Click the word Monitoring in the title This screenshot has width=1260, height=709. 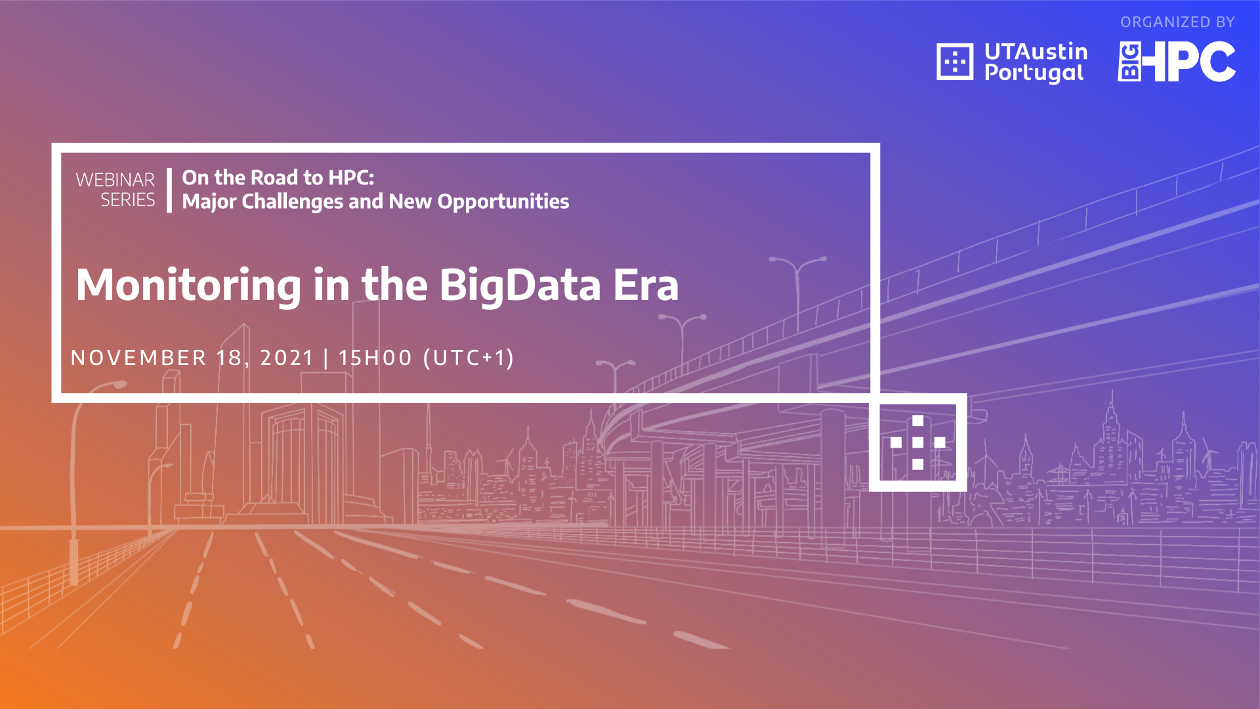click(x=189, y=286)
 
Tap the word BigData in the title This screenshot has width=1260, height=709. click(x=520, y=286)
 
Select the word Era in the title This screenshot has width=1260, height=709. click(x=646, y=285)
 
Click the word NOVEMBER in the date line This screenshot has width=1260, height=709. click(x=138, y=358)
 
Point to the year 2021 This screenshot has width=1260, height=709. click(x=287, y=358)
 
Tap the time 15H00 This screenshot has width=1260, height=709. click(x=375, y=358)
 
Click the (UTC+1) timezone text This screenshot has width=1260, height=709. click(x=469, y=358)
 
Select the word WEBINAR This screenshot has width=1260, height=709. click(x=115, y=180)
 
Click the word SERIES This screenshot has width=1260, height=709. click(x=128, y=200)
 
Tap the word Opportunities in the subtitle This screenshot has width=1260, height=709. click(x=503, y=202)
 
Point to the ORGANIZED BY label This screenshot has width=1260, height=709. click(x=1177, y=22)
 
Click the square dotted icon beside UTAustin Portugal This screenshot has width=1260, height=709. click(x=955, y=62)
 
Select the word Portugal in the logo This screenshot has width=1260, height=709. click(x=1034, y=73)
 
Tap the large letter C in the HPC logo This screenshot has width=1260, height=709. click(x=1215, y=62)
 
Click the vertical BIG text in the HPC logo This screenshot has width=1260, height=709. click(x=1129, y=62)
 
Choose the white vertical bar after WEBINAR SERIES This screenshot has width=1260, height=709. click(x=169, y=190)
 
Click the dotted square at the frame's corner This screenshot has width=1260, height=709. click(x=918, y=442)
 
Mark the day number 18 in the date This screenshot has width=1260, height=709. click(x=230, y=358)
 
